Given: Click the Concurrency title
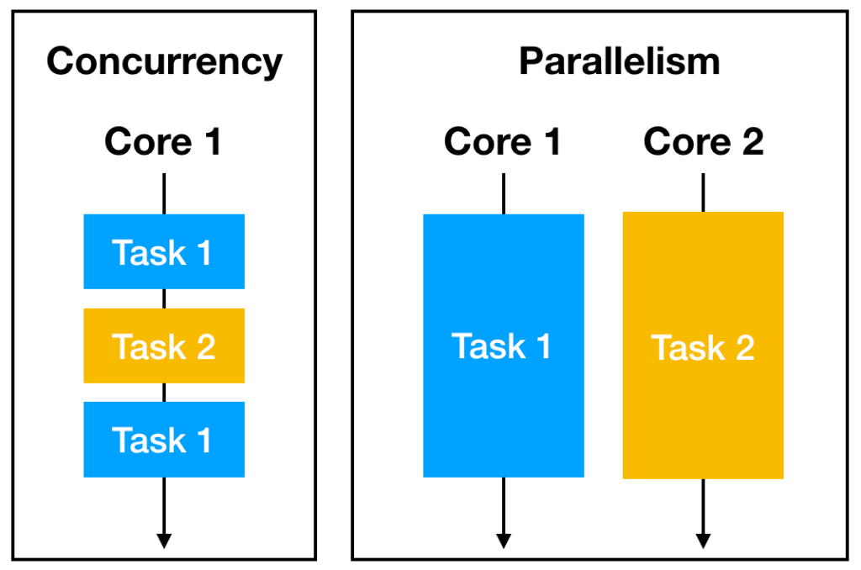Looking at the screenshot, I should (x=164, y=62).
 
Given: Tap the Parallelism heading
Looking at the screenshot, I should (x=619, y=62).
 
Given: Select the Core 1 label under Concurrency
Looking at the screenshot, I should (x=163, y=141).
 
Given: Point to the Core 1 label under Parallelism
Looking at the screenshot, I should (x=503, y=141).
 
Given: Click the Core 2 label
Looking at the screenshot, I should (x=703, y=141).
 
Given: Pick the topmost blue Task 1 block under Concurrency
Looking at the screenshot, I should (x=164, y=251).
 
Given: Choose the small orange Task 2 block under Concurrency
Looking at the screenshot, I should (x=164, y=346).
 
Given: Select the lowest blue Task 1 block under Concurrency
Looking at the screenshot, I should (x=164, y=440).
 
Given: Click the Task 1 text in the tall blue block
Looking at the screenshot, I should (x=502, y=346).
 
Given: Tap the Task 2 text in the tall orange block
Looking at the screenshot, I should (x=703, y=347).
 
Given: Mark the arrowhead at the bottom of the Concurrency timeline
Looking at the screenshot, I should (x=164, y=540).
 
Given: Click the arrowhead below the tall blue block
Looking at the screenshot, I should (x=503, y=540).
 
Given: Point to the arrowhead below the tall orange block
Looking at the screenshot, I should (x=703, y=540).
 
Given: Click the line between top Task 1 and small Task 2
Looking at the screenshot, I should (x=164, y=298).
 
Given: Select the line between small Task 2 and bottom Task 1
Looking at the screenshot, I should (x=164, y=392).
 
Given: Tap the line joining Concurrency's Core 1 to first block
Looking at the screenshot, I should (x=164, y=193).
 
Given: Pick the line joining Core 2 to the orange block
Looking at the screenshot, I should (x=703, y=193).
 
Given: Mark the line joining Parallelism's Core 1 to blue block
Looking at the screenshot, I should (x=503, y=193).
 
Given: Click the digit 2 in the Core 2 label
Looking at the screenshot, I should (x=750, y=142).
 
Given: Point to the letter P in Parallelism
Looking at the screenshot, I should (x=530, y=62).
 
